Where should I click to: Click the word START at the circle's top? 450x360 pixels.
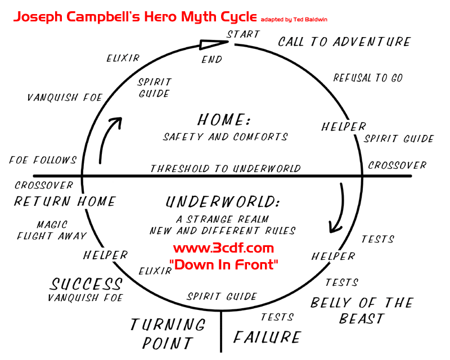(x=244, y=34)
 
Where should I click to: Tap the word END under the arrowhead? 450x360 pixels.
(x=212, y=59)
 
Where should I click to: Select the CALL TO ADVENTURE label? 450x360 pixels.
(x=344, y=42)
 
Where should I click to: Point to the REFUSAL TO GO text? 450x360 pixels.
(x=368, y=78)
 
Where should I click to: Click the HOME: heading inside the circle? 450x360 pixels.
(x=223, y=120)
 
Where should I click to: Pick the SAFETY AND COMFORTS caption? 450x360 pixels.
(x=226, y=137)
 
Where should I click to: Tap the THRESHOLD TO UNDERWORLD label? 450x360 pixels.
(x=225, y=169)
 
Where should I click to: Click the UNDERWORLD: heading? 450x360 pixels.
(x=223, y=202)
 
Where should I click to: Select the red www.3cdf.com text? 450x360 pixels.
(x=223, y=248)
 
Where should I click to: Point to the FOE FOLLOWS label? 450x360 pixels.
(x=43, y=160)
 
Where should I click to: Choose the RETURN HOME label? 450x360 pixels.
(x=65, y=201)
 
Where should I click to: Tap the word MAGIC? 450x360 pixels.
(x=52, y=224)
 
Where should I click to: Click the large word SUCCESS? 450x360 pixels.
(x=86, y=284)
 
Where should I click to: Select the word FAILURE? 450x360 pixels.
(x=267, y=337)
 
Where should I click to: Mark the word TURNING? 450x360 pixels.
(x=168, y=325)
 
